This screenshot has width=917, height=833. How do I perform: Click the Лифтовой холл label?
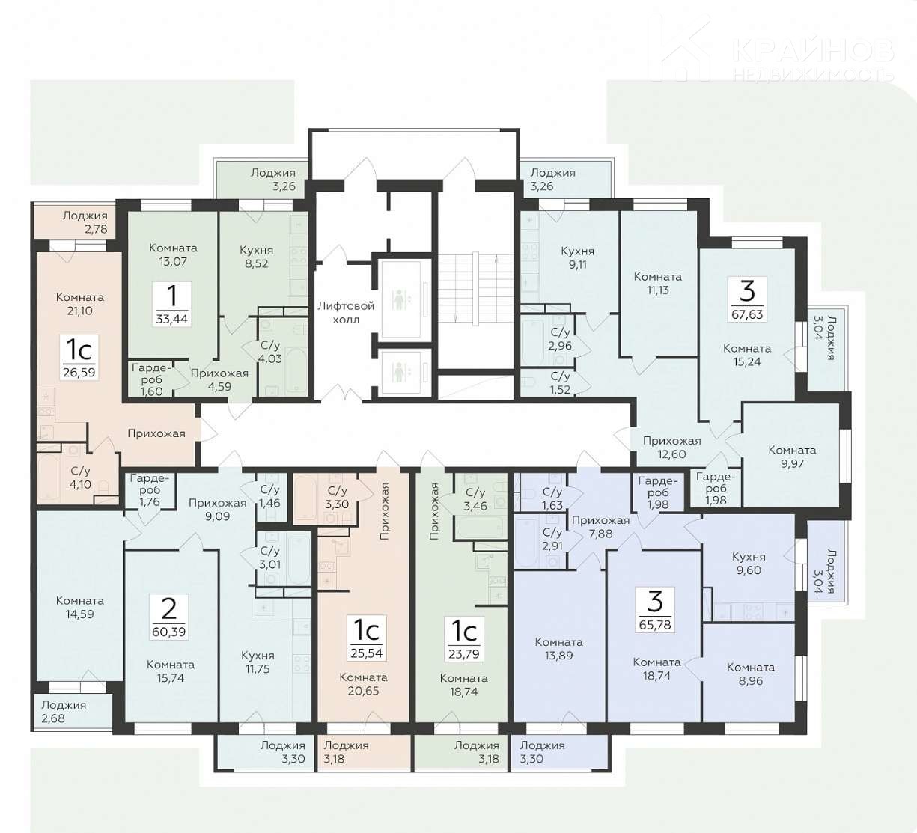[346, 312]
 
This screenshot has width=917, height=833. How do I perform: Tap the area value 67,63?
[747, 314]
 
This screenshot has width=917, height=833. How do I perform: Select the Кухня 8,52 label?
[257, 257]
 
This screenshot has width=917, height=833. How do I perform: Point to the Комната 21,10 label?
[80, 304]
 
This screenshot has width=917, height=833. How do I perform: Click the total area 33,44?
[171, 319]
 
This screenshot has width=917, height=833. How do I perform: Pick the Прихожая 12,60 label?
[671, 448]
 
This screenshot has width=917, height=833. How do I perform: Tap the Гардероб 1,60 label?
[152, 379]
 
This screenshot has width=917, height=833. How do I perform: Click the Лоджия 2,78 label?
[85, 222]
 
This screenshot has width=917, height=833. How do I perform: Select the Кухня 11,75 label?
[258, 662]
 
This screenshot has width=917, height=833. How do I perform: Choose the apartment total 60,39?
[168, 632]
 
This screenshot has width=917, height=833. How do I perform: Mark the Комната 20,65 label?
[363, 684]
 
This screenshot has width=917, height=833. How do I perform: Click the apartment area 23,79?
[463, 654]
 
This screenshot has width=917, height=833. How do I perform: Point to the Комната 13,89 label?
[558, 649]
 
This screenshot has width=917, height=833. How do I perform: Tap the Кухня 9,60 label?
[749, 564]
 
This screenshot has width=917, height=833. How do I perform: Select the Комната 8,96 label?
[751, 674]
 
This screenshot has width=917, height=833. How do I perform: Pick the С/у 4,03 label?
[269, 352]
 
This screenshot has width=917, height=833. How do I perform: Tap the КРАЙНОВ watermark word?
[813, 51]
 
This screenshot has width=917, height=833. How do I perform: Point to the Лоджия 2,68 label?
[64, 712]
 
